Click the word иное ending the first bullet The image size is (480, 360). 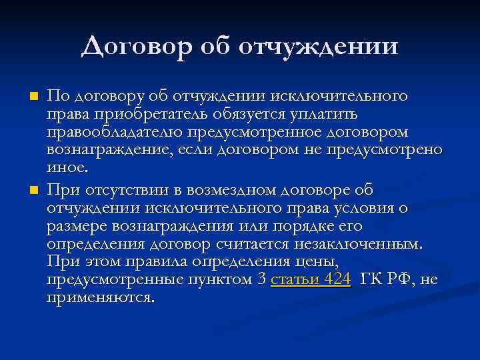(x=66, y=166)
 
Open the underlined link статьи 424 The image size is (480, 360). (x=311, y=279)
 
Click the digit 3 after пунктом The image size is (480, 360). (x=261, y=279)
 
